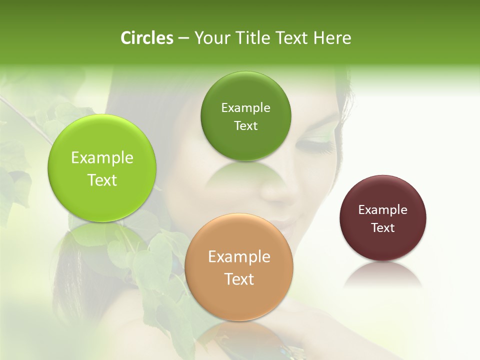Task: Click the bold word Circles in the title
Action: coord(146,38)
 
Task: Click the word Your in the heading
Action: coord(210,38)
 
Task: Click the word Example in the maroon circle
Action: coord(383,210)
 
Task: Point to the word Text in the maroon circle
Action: coord(383,228)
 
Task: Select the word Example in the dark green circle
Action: coord(245,108)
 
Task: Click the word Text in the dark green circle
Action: coord(245,126)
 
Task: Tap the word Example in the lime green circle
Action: coord(102,158)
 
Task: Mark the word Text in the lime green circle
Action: coord(102,180)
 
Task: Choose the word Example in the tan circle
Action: coord(239,257)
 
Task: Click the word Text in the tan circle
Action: coord(239,279)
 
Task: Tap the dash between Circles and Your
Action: coord(183,38)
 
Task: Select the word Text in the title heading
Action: coord(292,38)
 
